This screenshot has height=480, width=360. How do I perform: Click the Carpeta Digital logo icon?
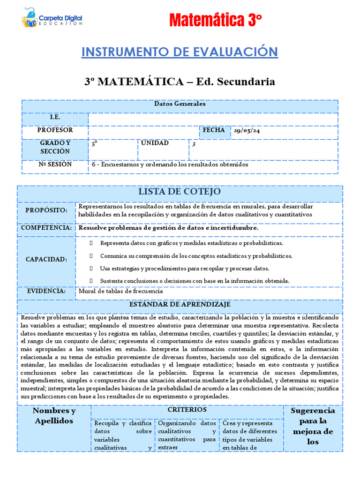pyautogui.click(x=30, y=18)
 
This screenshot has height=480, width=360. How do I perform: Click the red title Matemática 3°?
pyautogui.click(x=215, y=21)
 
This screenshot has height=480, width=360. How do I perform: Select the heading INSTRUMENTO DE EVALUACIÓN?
pyautogui.click(x=180, y=52)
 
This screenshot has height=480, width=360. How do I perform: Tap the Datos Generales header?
pyautogui.click(x=180, y=104)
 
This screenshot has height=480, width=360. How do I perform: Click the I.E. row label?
pyautogui.click(x=55, y=117)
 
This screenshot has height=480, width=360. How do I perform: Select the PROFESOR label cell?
pyautogui.click(x=55, y=130)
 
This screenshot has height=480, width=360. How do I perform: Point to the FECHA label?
pyautogui.click(x=214, y=130)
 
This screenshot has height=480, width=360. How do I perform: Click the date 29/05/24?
pyautogui.click(x=247, y=131)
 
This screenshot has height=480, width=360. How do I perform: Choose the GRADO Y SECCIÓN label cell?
pyautogui.click(x=55, y=147)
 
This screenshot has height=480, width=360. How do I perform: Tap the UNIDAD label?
pyautogui.click(x=155, y=142)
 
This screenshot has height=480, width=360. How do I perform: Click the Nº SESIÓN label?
pyautogui.click(x=55, y=165)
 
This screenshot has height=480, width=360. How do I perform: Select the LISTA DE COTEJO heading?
pyautogui.click(x=180, y=192)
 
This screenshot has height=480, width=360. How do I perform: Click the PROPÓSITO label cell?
pyautogui.click(x=46, y=210)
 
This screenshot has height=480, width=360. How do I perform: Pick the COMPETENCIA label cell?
pyautogui.click(x=46, y=228)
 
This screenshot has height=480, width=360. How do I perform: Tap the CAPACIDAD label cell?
pyautogui.click(x=46, y=259)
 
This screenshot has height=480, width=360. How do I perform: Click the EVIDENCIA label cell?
pyautogui.click(x=46, y=291)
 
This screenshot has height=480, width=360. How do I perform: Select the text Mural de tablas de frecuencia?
pyautogui.click(x=120, y=291)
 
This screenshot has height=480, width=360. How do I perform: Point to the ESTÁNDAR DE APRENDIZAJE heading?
pyautogui.click(x=180, y=305)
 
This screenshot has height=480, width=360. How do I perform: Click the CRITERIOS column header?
pyautogui.click(x=187, y=410)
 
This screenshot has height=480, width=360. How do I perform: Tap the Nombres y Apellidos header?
pyautogui.click(x=54, y=416)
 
